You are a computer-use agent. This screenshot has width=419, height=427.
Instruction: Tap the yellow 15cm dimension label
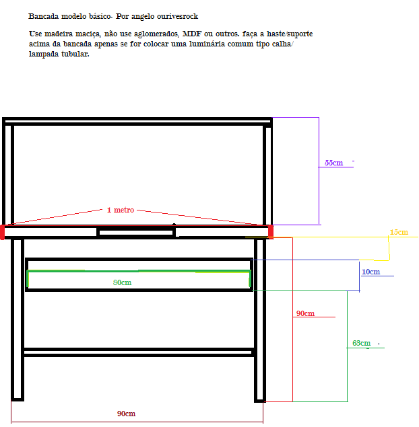[x=399, y=233]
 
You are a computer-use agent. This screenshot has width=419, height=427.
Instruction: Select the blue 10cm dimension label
[x=370, y=272]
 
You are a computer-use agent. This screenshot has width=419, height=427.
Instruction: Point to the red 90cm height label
[x=305, y=314]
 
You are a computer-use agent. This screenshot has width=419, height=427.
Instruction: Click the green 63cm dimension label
[x=362, y=344]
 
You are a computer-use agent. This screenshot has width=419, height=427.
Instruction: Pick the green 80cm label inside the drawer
[x=122, y=282]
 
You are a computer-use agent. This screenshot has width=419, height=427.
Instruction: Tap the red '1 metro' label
[x=121, y=210]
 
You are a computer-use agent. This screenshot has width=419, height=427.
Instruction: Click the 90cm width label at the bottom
[x=126, y=414]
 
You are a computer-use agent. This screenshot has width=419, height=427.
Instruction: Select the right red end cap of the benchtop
[x=271, y=231]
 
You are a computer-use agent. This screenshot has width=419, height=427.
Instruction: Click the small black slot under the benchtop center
[x=136, y=232]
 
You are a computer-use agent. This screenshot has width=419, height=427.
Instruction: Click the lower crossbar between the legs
[x=138, y=352]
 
